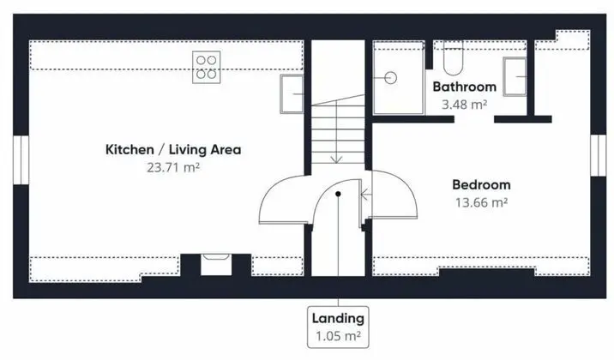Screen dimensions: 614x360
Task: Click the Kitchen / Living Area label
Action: coord(173,149)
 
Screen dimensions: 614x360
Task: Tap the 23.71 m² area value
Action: coord(173,167)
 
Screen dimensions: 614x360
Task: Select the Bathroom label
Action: coord(465,87)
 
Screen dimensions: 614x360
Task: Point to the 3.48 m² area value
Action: coord(465,105)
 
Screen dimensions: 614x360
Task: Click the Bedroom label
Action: coord(481,184)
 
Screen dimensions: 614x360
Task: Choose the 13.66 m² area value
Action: coord(481,202)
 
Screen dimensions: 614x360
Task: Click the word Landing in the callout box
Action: coord(338,319)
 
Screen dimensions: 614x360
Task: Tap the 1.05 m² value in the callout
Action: coord(338,336)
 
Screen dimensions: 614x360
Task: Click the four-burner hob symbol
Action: coord(207,67)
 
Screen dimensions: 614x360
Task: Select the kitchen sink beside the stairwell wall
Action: coord(292,94)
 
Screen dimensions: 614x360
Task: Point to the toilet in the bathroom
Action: coord(453,57)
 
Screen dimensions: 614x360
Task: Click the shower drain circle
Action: coord(390,78)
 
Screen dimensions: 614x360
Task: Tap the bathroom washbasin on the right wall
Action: coord(515,76)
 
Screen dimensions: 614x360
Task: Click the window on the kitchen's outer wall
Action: coord(21,159)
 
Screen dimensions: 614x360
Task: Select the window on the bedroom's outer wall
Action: coord(598,155)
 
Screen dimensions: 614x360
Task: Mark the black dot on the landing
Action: coord(338,194)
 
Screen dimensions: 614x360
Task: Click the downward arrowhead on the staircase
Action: coord(336,159)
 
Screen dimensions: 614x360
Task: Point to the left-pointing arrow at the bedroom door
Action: coord(365,194)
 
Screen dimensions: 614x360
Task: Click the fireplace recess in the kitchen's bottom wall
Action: coord(216,265)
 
